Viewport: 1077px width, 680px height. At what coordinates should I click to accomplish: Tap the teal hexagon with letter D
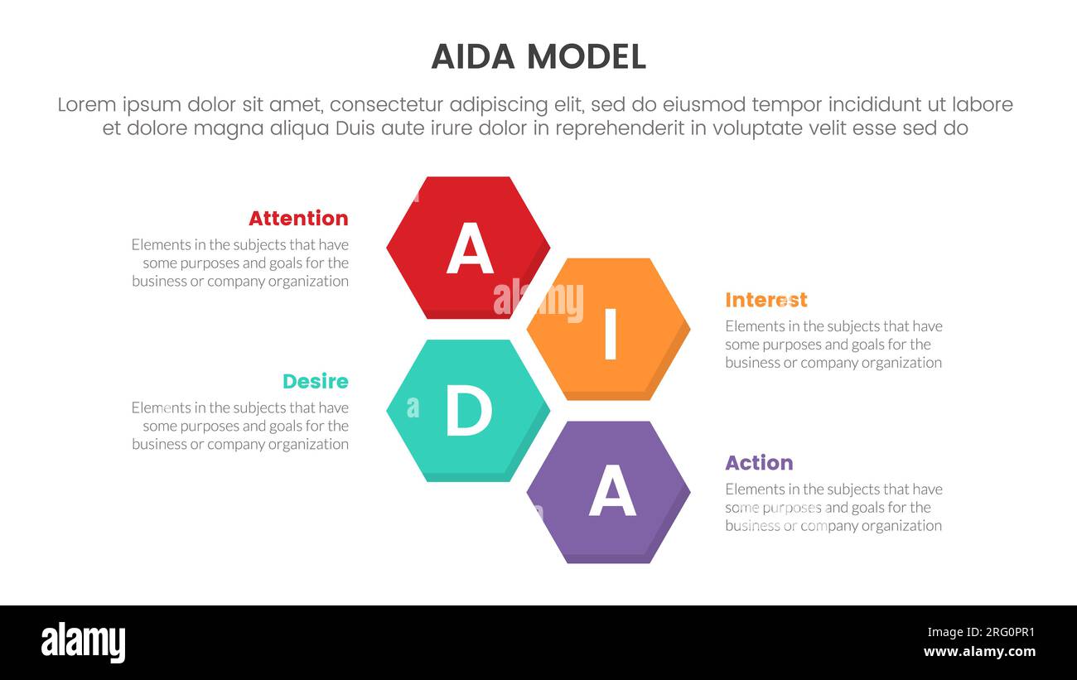tap(468, 409)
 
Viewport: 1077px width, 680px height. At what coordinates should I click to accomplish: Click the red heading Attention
tap(298, 219)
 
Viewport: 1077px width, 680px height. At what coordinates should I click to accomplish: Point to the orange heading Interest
tap(765, 300)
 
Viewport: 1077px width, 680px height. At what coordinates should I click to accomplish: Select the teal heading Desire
tap(315, 382)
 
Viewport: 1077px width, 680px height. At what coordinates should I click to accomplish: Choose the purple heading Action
tap(759, 463)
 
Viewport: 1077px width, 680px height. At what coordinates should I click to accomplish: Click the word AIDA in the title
tap(474, 57)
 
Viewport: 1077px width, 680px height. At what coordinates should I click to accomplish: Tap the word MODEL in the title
tap(587, 57)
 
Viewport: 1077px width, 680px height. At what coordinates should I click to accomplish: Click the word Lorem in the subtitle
tap(87, 105)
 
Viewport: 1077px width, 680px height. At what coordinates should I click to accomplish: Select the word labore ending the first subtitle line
tap(983, 105)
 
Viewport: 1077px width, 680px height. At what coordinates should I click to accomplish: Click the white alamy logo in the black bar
tap(84, 643)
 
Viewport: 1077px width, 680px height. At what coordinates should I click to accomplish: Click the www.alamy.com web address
tap(979, 652)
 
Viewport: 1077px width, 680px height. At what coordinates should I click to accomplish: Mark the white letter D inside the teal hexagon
tap(468, 412)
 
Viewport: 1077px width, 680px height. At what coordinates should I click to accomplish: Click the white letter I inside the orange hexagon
tap(611, 334)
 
